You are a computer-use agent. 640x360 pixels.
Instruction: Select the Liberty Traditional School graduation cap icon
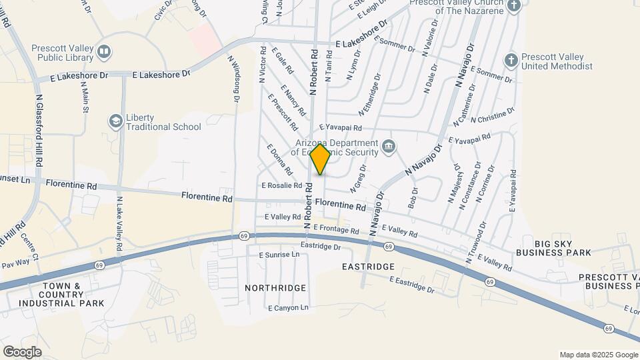click(x=115, y=121)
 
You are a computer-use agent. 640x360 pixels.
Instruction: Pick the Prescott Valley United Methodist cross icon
click(x=511, y=61)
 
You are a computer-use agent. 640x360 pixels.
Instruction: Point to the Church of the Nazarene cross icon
click(x=513, y=6)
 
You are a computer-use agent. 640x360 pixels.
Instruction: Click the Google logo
click(x=22, y=351)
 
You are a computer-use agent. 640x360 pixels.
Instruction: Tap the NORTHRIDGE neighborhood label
click(x=275, y=288)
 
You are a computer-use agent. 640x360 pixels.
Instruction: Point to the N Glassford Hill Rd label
click(x=39, y=130)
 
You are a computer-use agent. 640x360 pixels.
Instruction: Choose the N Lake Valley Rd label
click(x=119, y=223)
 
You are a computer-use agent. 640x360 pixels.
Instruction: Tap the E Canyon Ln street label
click(x=289, y=307)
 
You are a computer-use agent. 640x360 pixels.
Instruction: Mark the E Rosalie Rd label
click(x=282, y=186)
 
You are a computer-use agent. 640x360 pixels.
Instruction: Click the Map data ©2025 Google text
click(x=598, y=354)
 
